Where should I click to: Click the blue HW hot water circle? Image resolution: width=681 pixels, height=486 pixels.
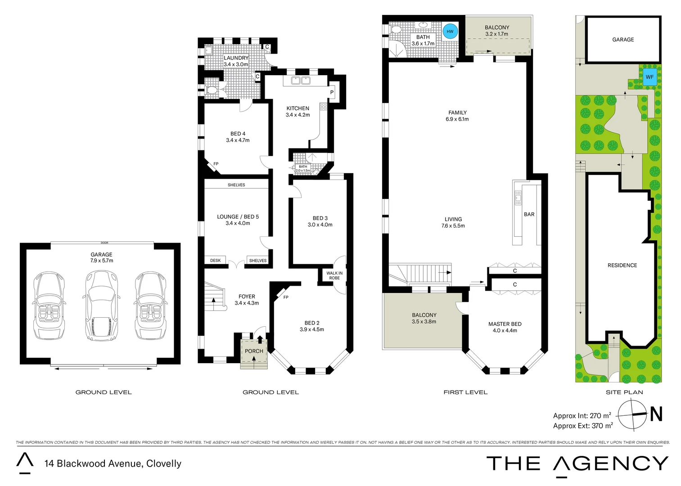click(450, 31)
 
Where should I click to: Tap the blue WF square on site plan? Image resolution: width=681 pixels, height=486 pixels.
click(649, 77)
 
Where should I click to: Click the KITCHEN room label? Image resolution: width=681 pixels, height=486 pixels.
click(298, 108)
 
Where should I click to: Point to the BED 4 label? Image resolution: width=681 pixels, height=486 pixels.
click(238, 134)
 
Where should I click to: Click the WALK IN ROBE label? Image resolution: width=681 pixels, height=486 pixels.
click(334, 275)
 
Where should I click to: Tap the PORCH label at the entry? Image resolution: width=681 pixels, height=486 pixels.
click(254, 351)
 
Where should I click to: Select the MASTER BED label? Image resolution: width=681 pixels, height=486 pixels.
click(505, 324)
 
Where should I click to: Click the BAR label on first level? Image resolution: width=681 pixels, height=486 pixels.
click(529, 214)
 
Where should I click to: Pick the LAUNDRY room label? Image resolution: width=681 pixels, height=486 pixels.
click(236, 58)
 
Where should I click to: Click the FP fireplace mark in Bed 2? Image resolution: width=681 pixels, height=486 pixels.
click(286, 297)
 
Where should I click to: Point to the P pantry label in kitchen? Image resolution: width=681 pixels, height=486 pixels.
click(332, 92)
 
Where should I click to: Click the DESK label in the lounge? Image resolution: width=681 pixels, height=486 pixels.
click(215, 261)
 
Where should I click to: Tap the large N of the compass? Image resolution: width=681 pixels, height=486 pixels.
click(656, 414)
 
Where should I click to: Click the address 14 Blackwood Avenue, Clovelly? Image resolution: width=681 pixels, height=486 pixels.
click(113, 463)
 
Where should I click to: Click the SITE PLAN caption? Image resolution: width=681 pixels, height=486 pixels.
click(624, 392)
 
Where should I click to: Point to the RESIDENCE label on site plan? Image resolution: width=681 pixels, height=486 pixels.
click(622, 265)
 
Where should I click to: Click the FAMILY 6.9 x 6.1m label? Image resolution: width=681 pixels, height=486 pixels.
click(457, 116)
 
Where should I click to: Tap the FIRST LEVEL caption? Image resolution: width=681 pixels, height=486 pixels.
click(465, 392)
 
